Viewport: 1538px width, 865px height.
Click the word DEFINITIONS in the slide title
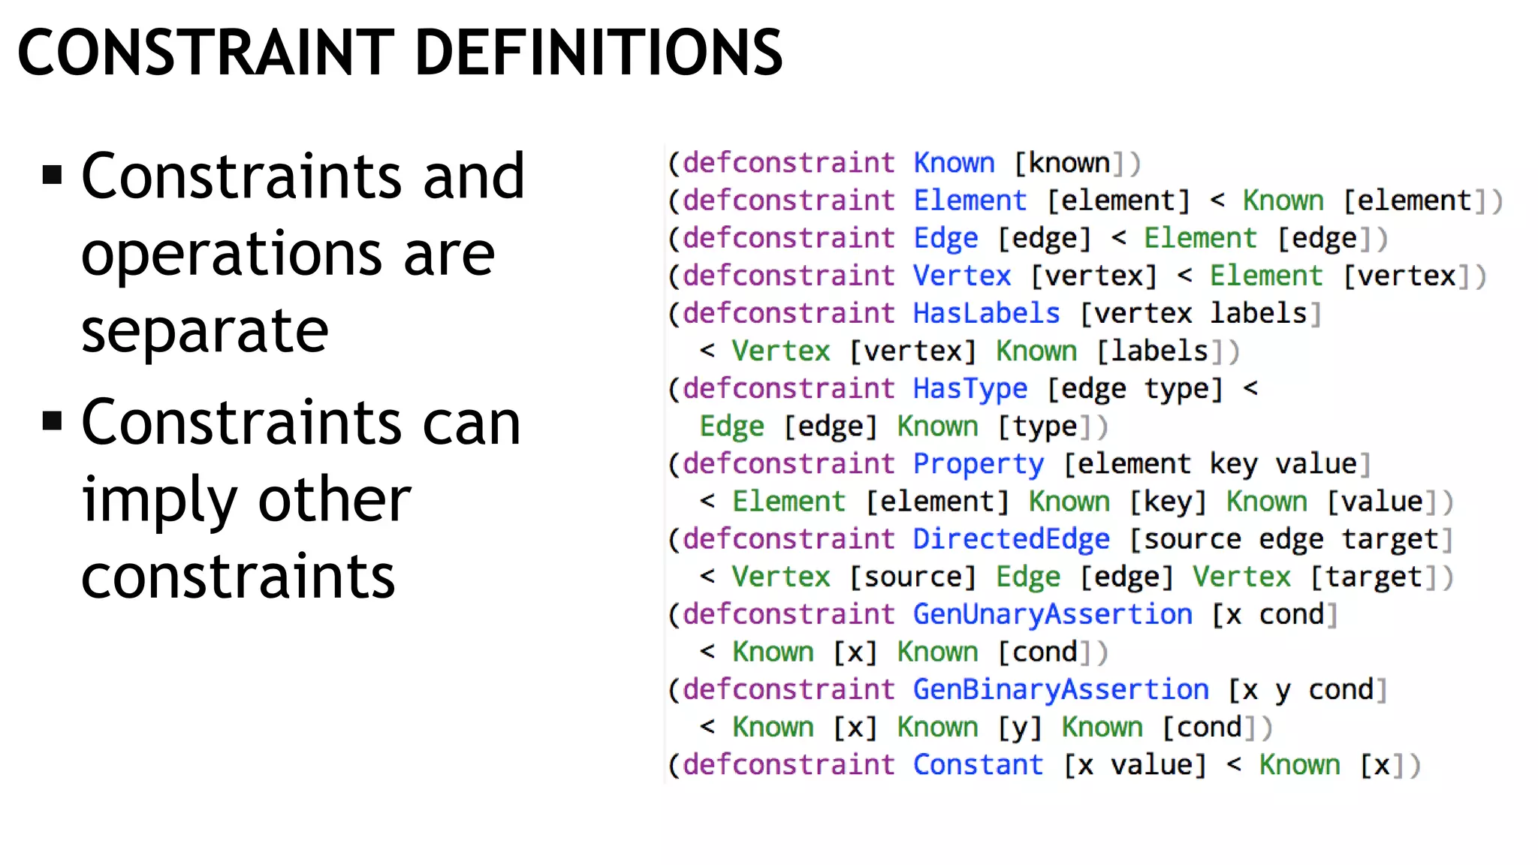599,53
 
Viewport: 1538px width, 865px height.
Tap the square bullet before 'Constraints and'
52,176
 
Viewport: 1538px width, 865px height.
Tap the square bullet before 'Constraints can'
52,420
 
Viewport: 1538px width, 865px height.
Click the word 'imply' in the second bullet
158,500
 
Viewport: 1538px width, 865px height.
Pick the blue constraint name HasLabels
986,313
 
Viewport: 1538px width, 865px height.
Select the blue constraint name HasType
970,389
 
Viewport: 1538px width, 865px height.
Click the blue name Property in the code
978,464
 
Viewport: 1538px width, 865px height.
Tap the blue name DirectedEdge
1011,539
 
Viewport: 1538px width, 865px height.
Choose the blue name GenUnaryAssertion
1052,614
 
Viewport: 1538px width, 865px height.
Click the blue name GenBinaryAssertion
1060,689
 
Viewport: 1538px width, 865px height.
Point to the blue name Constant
978,764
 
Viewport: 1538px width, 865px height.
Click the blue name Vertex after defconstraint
962,276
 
